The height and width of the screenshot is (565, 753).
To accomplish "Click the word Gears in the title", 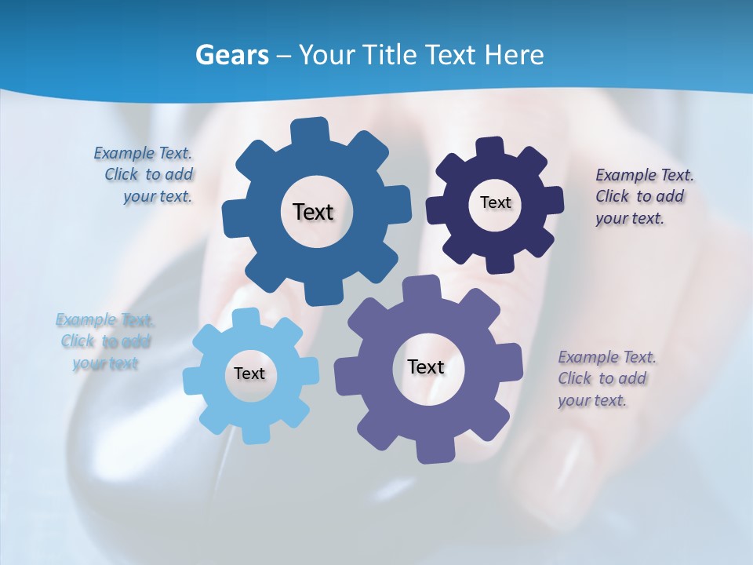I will coord(231,56).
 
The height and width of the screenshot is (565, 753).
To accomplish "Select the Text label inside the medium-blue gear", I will coord(313,212).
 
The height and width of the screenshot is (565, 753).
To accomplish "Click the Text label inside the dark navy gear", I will coord(495,202).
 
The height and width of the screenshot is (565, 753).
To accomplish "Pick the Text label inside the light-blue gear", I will coord(249,374).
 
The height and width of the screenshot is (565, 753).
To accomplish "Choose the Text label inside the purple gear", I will coord(426,366).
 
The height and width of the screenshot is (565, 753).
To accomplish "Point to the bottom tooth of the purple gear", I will coord(431,451).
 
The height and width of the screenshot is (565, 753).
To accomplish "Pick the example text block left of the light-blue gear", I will coord(105,341).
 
